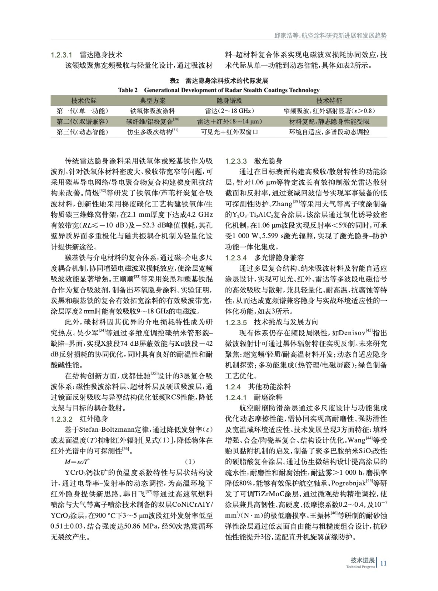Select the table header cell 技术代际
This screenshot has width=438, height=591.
(x=84, y=100)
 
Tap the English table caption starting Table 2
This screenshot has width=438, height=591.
(x=219, y=90)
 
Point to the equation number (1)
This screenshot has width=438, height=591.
(x=190, y=462)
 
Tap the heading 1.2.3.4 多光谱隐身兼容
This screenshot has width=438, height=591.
(x=264, y=257)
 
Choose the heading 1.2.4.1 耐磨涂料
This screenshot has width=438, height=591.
(x=254, y=397)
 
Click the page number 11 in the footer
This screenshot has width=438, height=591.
(x=383, y=563)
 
